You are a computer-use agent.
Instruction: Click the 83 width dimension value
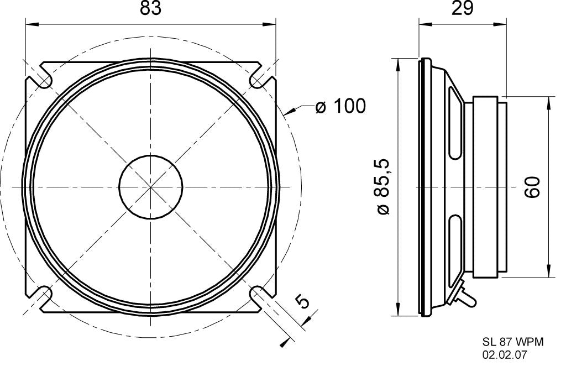tap(150, 10)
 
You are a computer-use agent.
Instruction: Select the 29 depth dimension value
tap(462, 10)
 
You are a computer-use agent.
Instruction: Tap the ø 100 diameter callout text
tap(340, 106)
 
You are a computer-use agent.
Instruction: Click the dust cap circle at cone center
tap(151, 186)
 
